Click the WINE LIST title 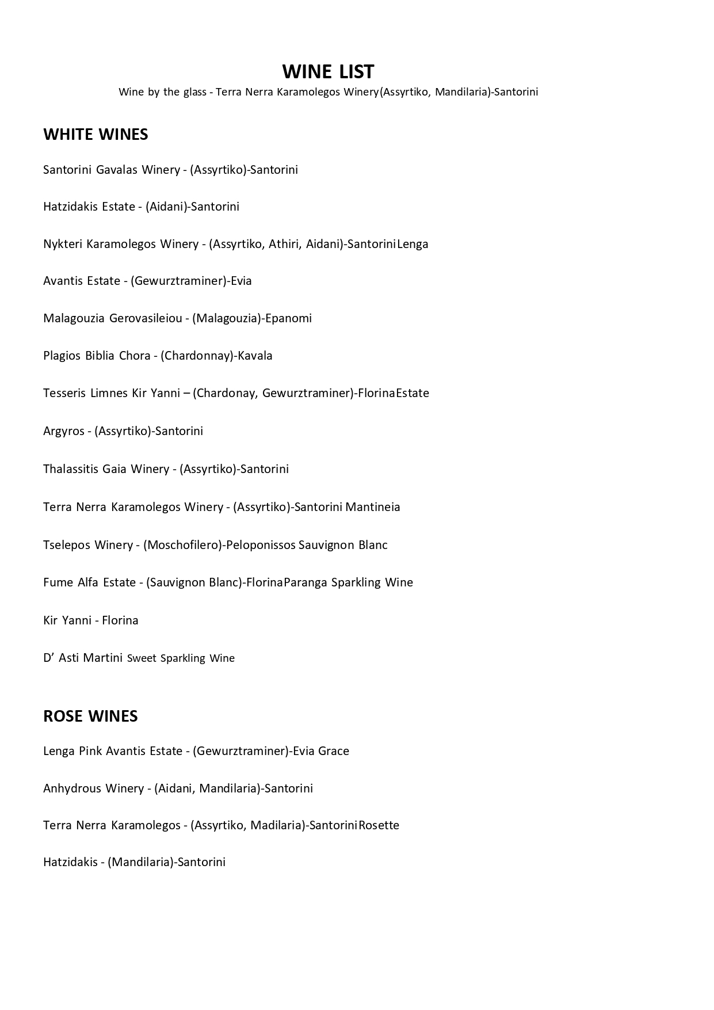328,71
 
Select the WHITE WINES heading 96,134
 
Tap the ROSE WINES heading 90,716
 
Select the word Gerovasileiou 146,318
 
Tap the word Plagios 62,356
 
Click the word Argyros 64,432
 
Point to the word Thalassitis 71,469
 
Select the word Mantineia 373,507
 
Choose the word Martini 103,658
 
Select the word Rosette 379,825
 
